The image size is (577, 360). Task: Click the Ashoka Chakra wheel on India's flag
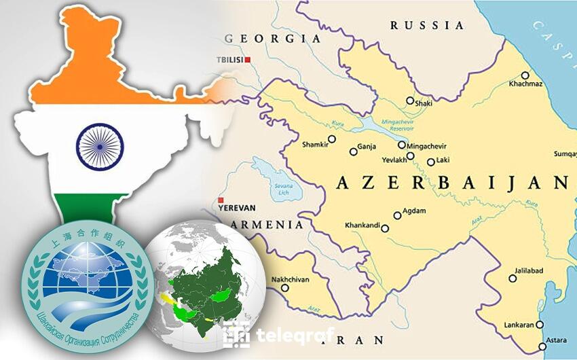coord(100,146)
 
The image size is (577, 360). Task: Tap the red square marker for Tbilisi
coord(248,60)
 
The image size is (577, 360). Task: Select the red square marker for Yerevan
coord(219,200)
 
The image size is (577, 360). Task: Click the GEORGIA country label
coord(272,38)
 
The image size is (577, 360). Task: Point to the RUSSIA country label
coord(427,25)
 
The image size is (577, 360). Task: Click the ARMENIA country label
coord(267,224)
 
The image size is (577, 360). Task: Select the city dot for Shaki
coord(410,101)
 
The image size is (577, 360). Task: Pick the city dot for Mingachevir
coord(402,145)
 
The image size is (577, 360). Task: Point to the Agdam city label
coord(414,211)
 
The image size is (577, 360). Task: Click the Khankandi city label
coord(362,225)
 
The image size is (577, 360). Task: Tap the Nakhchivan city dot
coord(285,287)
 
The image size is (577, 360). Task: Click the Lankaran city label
coord(519,325)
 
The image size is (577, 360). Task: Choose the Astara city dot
coord(542,346)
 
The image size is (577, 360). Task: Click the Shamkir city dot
coord(332,139)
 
